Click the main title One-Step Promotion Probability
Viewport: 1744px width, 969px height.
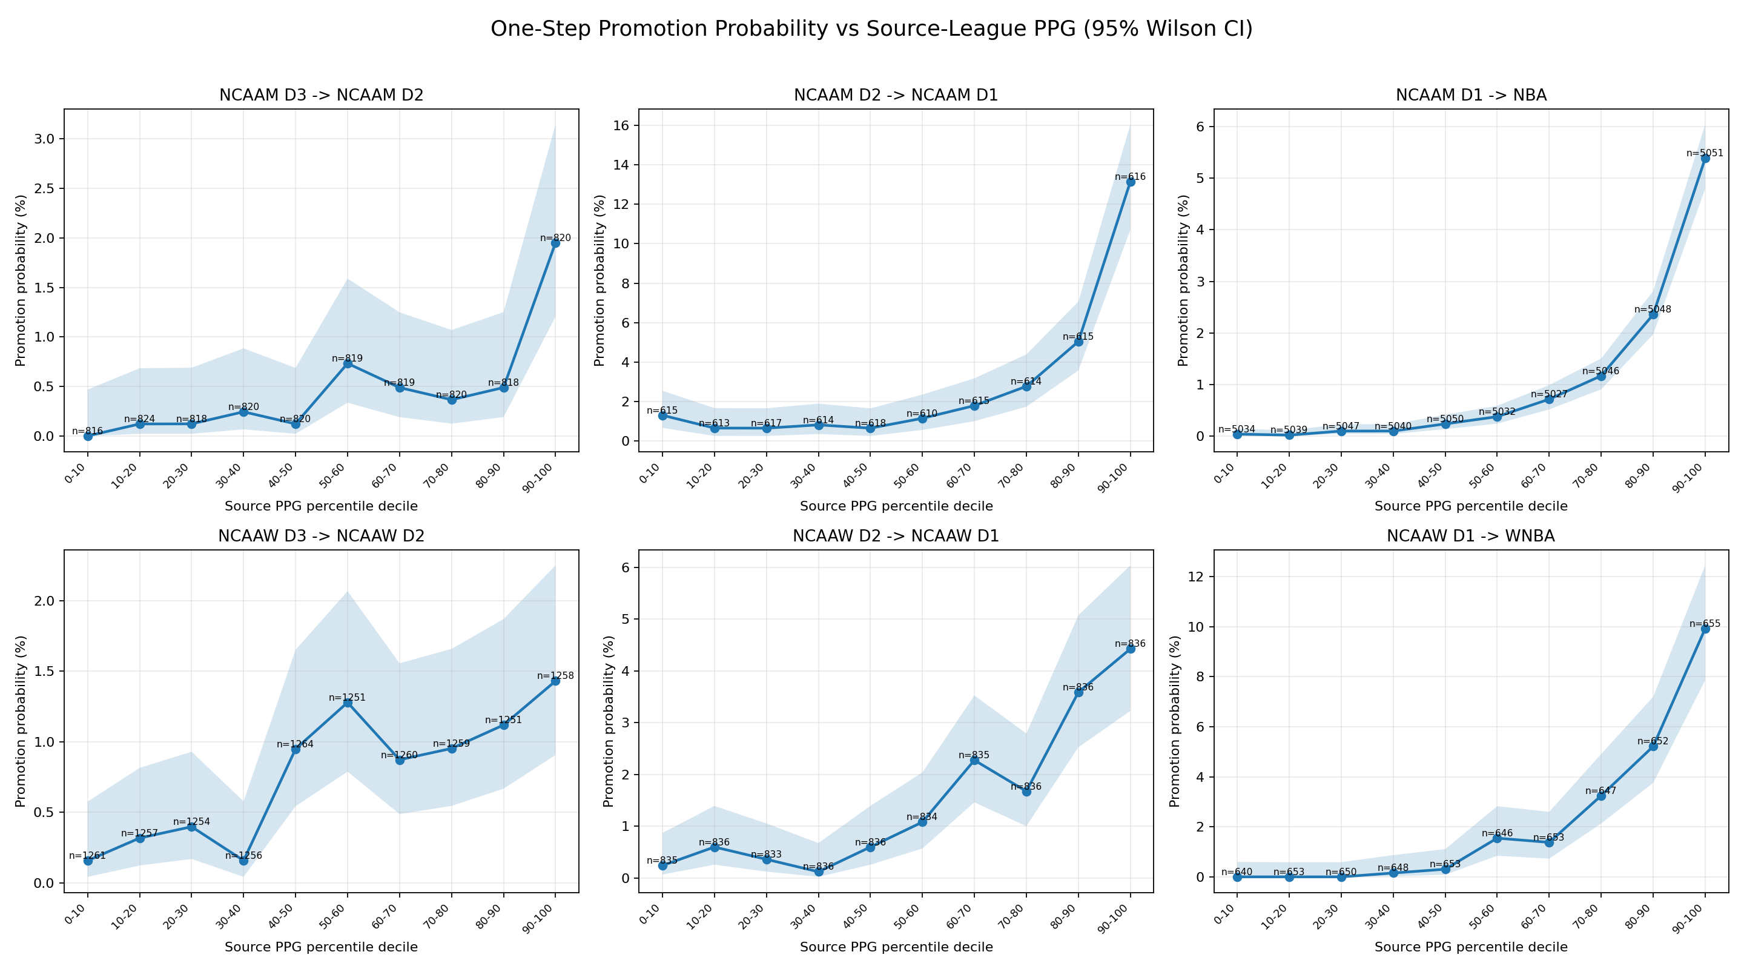(871, 29)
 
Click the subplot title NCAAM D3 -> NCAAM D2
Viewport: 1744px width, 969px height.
(321, 96)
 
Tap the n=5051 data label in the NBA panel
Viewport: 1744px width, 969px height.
(1705, 153)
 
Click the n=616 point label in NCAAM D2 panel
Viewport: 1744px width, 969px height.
(1130, 177)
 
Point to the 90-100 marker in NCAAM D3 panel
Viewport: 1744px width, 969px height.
(555, 243)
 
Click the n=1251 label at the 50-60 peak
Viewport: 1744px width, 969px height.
(348, 698)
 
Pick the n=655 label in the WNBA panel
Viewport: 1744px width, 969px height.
(1705, 624)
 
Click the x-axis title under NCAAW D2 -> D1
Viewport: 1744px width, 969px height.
(896, 947)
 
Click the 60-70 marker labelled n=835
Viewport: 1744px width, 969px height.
(974, 761)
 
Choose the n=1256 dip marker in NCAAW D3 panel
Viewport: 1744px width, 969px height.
(243, 861)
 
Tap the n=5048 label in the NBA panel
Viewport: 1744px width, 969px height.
(1653, 309)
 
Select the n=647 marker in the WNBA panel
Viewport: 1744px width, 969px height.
(1600, 796)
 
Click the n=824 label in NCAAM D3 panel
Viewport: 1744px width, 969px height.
(139, 419)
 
